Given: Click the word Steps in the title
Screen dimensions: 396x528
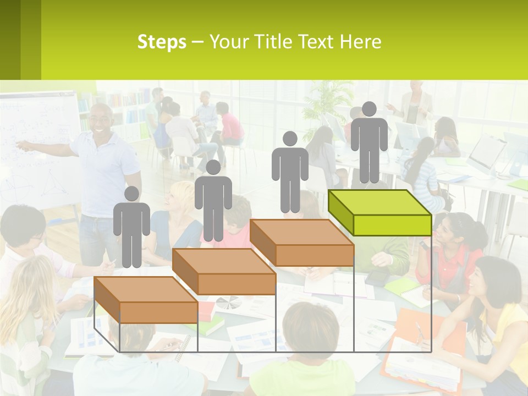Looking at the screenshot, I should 162,42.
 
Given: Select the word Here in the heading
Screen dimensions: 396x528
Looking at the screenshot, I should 360,42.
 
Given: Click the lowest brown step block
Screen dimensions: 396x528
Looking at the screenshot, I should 146,300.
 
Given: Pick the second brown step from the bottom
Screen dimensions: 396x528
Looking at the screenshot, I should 224,272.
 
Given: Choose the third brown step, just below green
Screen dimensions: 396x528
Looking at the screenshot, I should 301,243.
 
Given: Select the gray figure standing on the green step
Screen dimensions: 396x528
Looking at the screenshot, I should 369,143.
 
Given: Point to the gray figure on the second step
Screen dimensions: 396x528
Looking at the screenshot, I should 213,201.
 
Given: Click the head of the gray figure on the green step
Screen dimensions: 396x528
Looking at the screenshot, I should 369,109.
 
